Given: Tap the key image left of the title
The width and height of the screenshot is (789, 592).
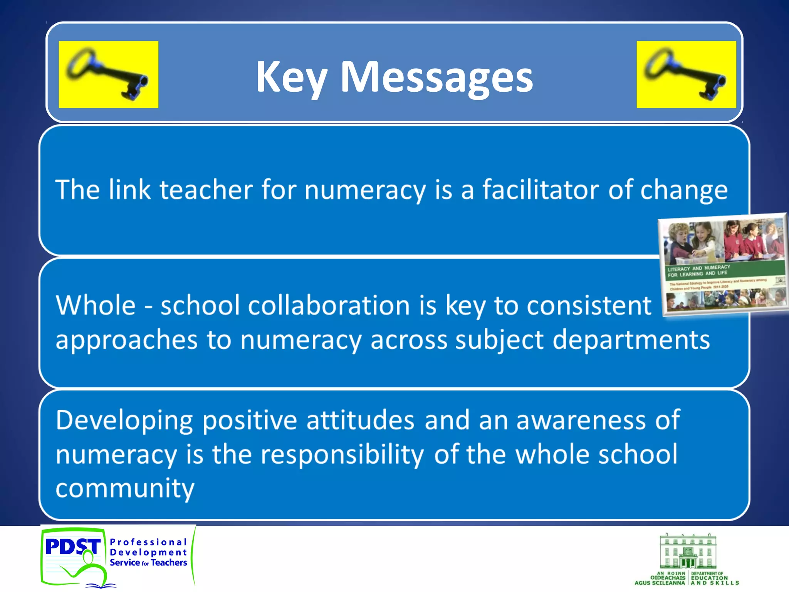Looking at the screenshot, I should pyautogui.click(x=108, y=74).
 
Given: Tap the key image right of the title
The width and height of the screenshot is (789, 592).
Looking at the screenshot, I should pyautogui.click(x=686, y=74).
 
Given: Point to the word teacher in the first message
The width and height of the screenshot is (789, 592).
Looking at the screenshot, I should pyautogui.click(x=206, y=190).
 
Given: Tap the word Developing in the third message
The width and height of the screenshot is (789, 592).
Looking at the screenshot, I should pyautogui.click(x=124, y=421).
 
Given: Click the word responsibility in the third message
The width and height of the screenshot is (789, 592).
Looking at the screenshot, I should pyautogui.click(x=342, y=455).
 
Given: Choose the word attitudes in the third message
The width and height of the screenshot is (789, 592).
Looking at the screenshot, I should pyautogui.click(x=360, y=420).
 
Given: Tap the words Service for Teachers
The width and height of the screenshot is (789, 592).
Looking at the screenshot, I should pyautogui.click(x=148, y=563).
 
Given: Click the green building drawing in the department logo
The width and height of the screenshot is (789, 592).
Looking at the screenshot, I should pyautogui.click(x=688, y=551).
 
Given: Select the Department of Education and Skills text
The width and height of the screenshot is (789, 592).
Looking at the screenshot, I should pyautogui.click(x=714, y=578).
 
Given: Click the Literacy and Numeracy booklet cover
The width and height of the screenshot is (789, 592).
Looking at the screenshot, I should pyautogui.click(x=724, y=264).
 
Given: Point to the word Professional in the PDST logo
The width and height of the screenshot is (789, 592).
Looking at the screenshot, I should pyautogui.click(x=148, y=542).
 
